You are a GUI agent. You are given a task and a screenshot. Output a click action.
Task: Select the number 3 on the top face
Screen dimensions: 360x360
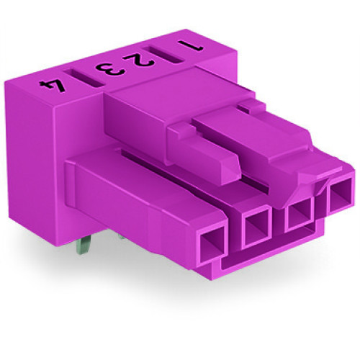109,69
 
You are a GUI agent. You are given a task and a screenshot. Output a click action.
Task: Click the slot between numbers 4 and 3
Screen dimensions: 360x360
78,76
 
